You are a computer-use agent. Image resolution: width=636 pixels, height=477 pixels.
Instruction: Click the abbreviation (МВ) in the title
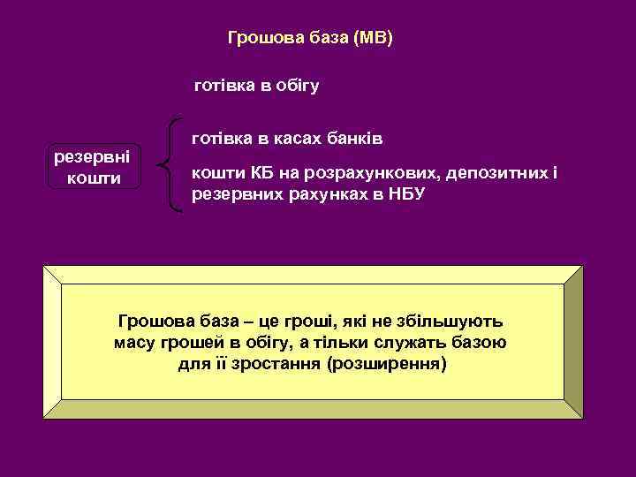[x=372, y=38]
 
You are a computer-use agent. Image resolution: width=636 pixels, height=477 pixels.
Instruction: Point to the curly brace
[x=170, y=165]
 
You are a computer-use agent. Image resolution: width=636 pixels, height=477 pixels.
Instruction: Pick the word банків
[x=357, y=139]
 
